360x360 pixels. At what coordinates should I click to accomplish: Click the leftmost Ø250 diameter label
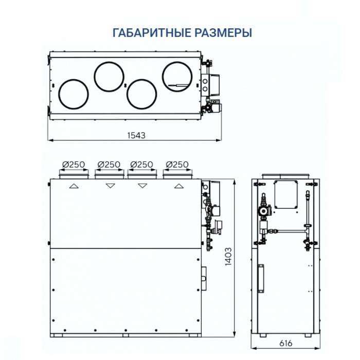[73, 164]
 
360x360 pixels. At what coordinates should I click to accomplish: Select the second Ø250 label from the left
[108, 164]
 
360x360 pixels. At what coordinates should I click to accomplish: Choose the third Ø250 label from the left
[142, 164]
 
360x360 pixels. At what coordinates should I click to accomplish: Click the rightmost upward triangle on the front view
[178, 186]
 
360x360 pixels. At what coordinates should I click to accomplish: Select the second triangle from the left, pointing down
[110, 186]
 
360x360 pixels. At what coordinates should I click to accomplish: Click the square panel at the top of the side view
[287, 195]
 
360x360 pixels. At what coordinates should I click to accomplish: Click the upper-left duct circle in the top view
[109, 75]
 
